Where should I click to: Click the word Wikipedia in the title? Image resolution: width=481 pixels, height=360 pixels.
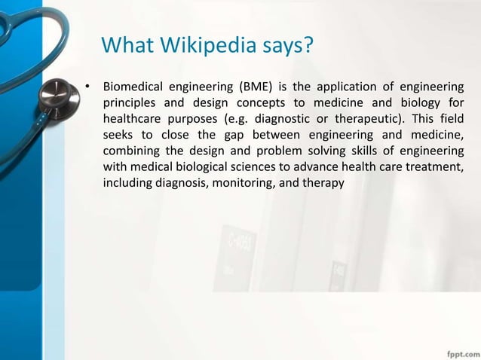point(203,47)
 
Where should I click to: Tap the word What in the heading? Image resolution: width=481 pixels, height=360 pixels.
point(127,47)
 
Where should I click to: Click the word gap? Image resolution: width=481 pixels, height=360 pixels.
point(224,136)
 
